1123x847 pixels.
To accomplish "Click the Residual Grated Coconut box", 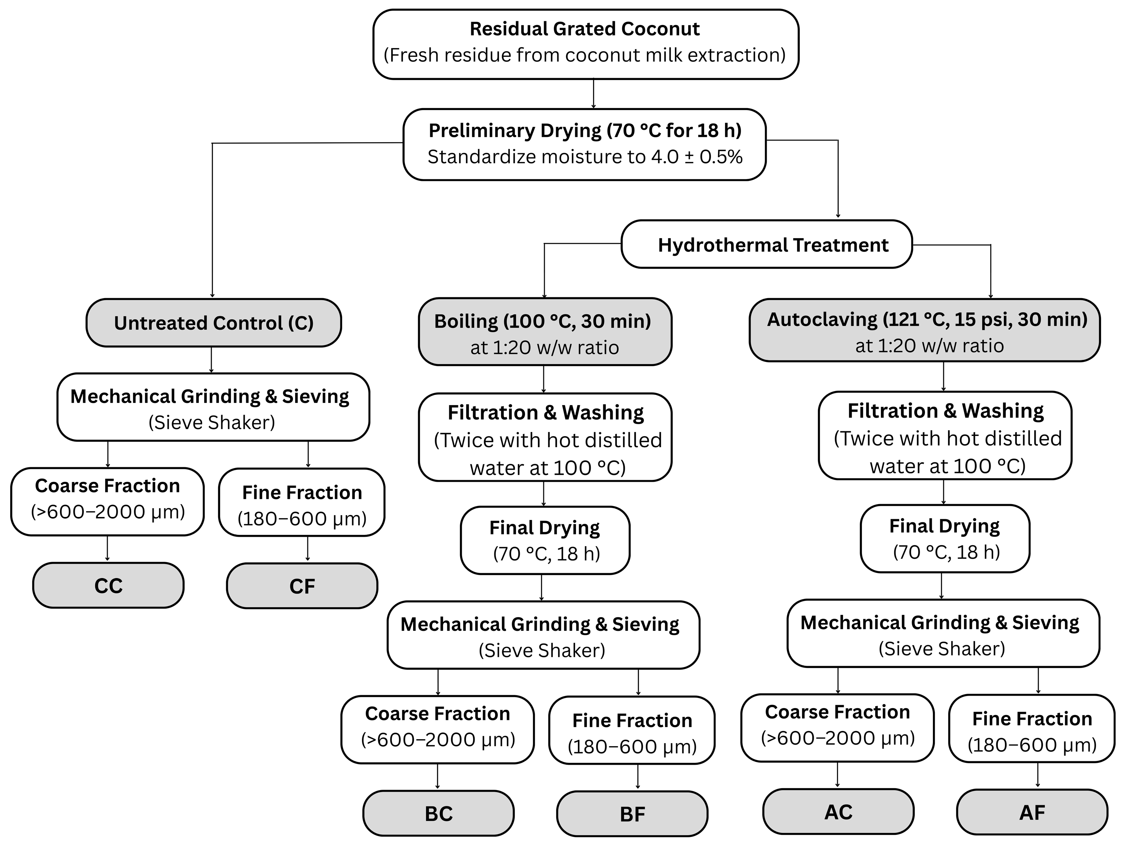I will click(585, 44).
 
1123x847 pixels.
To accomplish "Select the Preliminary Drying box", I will click(584, 144).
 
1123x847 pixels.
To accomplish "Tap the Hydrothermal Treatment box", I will click(767, 245).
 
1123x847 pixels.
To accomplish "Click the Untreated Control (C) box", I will click(213, 323).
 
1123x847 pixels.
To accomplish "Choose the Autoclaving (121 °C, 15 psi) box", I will click(925, 331).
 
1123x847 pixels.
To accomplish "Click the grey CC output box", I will click(108, 585).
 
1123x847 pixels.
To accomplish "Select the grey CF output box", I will click(302, 586).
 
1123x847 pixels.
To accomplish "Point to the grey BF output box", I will click(632, 814).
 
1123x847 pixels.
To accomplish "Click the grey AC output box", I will click(838, 811).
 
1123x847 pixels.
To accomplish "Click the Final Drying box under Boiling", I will click(545, 541).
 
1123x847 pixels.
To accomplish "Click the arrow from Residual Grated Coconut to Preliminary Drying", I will click(593, 94).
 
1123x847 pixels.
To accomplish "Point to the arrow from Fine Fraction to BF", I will click(638, 777).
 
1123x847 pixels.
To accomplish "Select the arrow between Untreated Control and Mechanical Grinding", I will click(211, 360).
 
